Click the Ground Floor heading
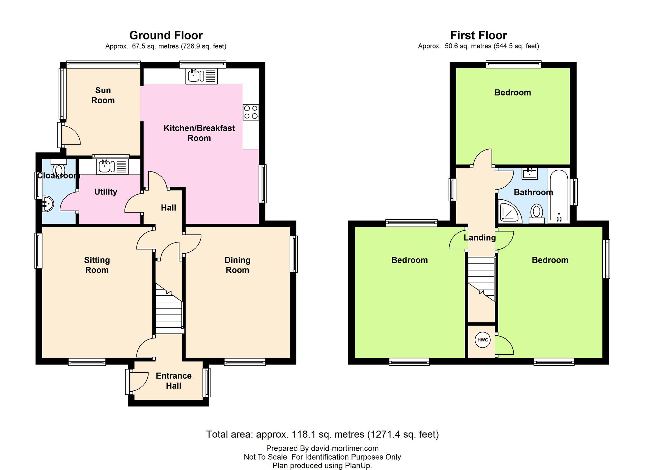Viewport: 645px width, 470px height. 166,35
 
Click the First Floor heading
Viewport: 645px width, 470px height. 479,35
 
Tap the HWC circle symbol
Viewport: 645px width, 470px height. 482,340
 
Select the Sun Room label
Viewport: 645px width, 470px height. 103,95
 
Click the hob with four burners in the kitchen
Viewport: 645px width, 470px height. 251,112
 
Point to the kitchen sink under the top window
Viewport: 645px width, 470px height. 202,76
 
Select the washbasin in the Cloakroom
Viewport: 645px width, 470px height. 47,204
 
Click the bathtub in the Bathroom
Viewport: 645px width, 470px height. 559,196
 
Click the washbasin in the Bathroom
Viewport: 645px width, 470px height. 530,173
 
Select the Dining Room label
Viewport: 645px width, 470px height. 237,265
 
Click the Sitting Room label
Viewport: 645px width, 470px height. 97,265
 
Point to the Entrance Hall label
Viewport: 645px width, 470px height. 174,381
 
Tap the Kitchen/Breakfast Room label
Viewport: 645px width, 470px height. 199,133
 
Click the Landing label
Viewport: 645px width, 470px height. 480,238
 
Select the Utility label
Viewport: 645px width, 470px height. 105,192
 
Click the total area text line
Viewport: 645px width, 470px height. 322,434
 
